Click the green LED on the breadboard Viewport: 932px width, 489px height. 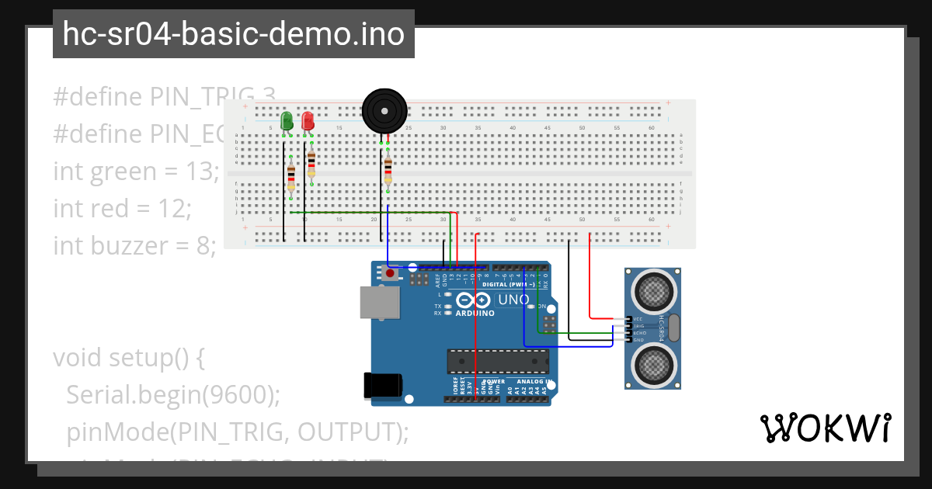(287, 121)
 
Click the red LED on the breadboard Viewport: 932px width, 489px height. (308, 121)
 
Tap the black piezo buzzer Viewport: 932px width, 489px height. (384, 110)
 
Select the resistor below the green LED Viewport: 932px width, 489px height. (291, 177)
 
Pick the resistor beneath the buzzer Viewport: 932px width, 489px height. (388, 170)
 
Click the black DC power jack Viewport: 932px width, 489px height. (382, 386)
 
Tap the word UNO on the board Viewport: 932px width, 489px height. (513, 300)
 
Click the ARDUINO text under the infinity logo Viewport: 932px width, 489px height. (475, 314)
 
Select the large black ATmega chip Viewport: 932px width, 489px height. (497, 362)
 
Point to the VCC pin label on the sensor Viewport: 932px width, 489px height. (638, 319)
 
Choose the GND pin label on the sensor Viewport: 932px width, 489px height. (638, 340)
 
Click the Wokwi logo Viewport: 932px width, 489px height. (824, 428)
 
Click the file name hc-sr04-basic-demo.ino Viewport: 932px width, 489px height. (233, 34)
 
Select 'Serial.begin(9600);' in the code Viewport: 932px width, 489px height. (172, 394)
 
